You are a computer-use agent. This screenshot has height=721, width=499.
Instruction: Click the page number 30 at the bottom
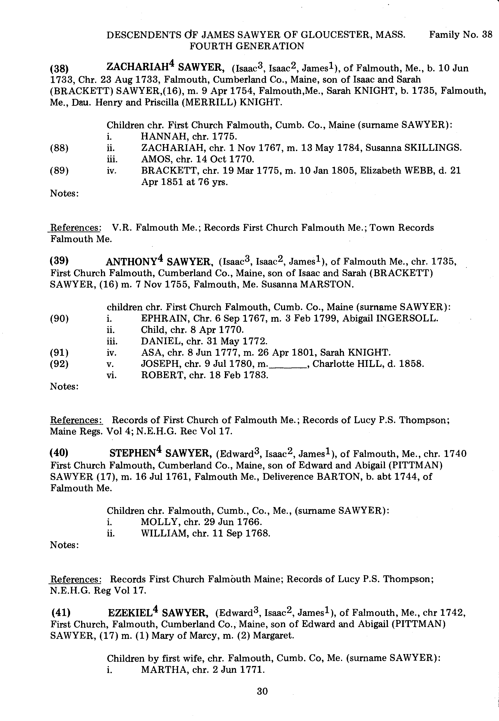point(262,691)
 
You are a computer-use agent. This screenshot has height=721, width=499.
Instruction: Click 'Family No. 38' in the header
point(460,34)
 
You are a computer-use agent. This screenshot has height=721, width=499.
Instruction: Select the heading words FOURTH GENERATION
point(247,46)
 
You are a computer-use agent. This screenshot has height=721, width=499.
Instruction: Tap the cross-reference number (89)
point(60,171)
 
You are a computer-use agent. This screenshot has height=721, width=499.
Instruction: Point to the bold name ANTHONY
point(131,261)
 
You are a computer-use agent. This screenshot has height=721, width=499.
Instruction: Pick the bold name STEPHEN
point(133,454)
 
